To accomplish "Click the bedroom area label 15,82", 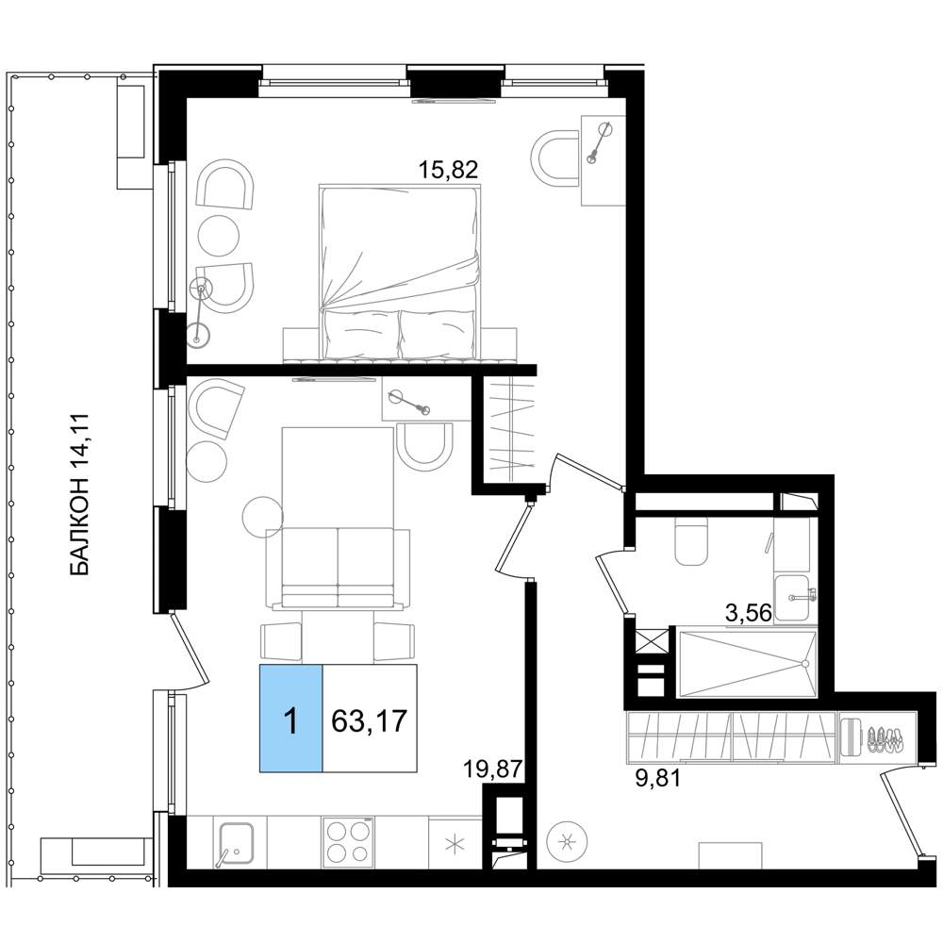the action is pos(448,170).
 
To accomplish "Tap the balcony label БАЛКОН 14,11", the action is pos(79,494).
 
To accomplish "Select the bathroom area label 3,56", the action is pos(749,613).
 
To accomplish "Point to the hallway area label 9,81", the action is pos(658,779).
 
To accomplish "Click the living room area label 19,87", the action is pos(491,769).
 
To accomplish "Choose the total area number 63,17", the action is pos(370,720).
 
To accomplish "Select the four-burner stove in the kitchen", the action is pos(347,842).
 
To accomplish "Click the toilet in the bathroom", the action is pos(691,539).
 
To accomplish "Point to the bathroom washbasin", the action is pos(794,597).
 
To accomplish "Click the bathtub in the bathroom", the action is pos(747,663).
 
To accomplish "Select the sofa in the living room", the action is pos(338,569).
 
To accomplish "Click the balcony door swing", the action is pos(189,651).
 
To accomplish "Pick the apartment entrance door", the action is pos(901,812).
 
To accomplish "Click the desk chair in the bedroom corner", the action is pos(556,158).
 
